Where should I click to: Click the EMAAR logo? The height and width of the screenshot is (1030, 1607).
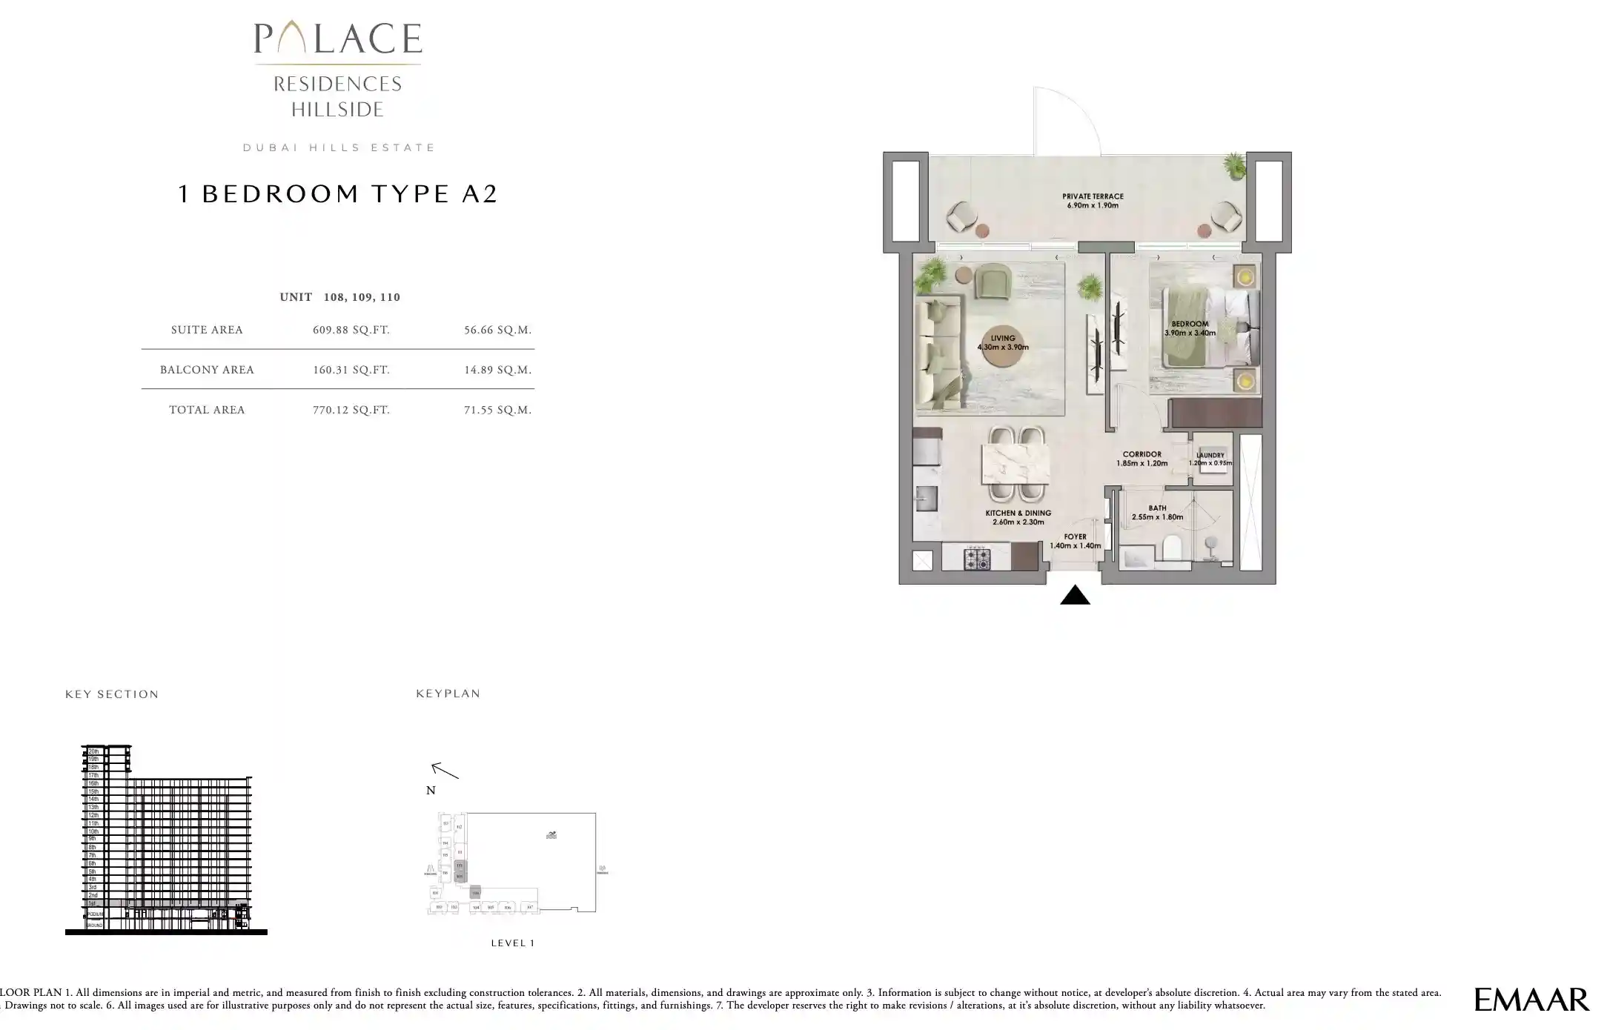(1531, 1000)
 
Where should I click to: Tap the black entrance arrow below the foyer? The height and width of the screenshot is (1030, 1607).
(1075, 596)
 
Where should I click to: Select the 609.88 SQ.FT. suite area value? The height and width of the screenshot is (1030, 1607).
(351, 330)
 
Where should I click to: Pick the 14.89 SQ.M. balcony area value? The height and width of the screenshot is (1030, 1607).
(497, 370)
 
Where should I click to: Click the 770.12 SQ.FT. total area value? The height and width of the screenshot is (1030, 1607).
(351, 410)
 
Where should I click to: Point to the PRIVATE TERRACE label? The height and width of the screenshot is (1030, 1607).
(1093, 201)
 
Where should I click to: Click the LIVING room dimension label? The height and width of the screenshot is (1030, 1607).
(1003, 343)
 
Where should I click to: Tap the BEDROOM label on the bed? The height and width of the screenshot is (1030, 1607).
(1190, 328)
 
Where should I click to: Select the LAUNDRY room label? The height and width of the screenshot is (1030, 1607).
(1210, 459)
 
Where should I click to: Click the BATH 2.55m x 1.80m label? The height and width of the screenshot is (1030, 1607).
(1157, 513)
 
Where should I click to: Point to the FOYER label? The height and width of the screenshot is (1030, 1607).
(1075, 541)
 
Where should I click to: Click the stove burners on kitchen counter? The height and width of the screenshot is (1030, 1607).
(976, 559)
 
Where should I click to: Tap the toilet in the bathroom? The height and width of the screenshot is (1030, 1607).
(1172, 548)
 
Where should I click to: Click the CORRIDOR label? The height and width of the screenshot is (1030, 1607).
(1142, 459)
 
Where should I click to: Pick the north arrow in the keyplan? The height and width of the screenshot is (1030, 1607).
(445, 771)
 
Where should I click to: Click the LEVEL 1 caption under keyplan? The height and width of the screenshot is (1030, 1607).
(512, 943)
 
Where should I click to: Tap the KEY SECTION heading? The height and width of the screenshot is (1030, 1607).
(112, 694)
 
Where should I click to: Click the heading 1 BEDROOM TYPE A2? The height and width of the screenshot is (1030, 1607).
(337, 194)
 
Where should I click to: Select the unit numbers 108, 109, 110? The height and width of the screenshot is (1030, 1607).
(362, 297)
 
